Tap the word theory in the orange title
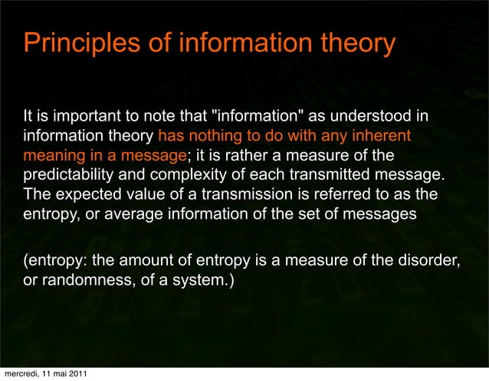tap(357, 43)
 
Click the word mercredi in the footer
tap(21, 374)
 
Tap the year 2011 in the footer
tap(76, 374)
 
